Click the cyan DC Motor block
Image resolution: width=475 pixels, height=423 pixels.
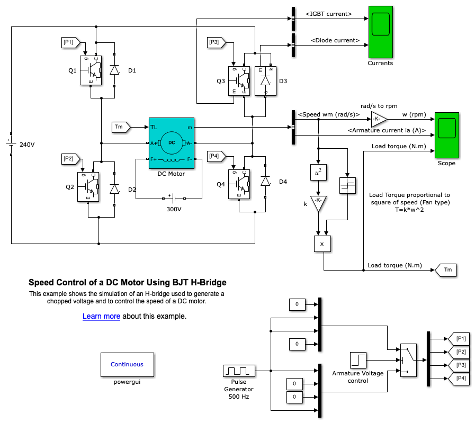click(x=172, y=143)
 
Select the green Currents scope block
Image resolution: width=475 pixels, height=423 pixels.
click(x=380, y=32)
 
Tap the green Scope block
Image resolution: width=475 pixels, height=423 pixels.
click(x=446, y=135)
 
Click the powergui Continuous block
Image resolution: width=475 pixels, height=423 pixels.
click(x=127, y=364)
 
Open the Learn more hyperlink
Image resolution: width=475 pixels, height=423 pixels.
click(x=101, y=317)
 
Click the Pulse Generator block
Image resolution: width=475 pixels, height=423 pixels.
click(x=239, y=373)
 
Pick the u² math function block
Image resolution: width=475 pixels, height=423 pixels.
click(x=318, y=172)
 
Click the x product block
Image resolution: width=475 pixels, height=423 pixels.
click(x=322, y=244)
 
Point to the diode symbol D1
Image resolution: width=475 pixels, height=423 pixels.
click(x=114, y=69)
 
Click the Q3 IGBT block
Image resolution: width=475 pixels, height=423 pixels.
click(x=241, y=81)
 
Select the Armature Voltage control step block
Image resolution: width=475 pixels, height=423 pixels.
click(x=358, y=361)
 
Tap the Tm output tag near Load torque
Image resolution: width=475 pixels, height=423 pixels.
click(x=446, y=271)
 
